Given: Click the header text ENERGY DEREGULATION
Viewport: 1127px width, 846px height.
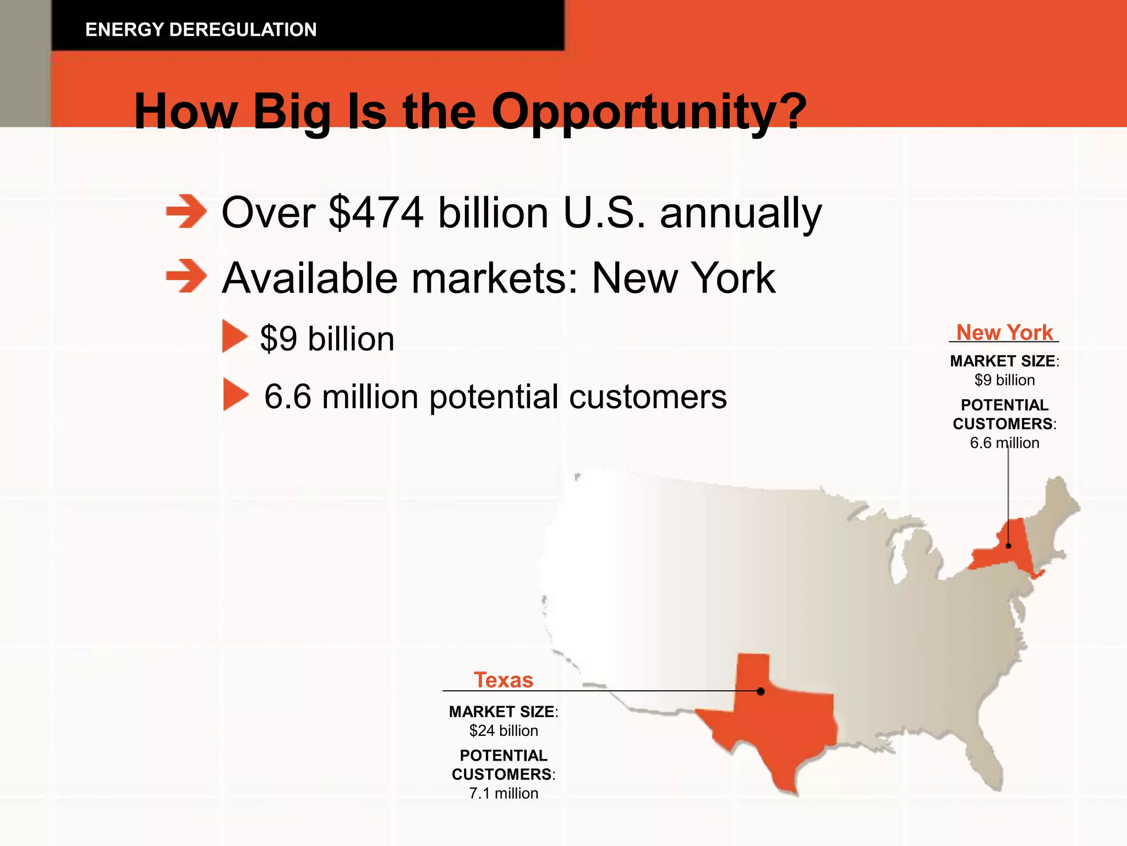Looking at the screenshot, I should [201, 29].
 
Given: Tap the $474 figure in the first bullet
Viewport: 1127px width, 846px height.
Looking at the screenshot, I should [376, 213].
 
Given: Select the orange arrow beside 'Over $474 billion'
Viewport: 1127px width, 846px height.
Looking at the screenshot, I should [186, 211].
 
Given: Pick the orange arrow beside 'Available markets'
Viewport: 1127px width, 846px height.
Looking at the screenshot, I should [186, 276].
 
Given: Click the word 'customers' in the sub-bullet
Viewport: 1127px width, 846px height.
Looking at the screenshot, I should [648, 397].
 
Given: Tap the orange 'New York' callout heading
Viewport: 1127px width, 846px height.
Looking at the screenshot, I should [1004, 333].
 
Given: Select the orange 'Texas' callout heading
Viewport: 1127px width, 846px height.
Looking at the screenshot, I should [504, 680].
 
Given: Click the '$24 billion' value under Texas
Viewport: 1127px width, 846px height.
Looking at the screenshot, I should [504, 731].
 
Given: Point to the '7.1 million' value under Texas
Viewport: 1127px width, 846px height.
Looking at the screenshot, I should [504, 794].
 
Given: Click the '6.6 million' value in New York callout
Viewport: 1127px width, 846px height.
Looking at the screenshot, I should [1004, 443].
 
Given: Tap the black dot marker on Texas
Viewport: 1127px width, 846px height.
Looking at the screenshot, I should [761, 691].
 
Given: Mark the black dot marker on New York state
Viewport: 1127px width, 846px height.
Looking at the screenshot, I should [1009, 546].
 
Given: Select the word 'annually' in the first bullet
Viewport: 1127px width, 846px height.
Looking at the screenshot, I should [740, 213].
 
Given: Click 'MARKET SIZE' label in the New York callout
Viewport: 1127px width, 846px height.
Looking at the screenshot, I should [1002, 361].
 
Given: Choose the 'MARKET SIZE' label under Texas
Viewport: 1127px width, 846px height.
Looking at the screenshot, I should [501, 712].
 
